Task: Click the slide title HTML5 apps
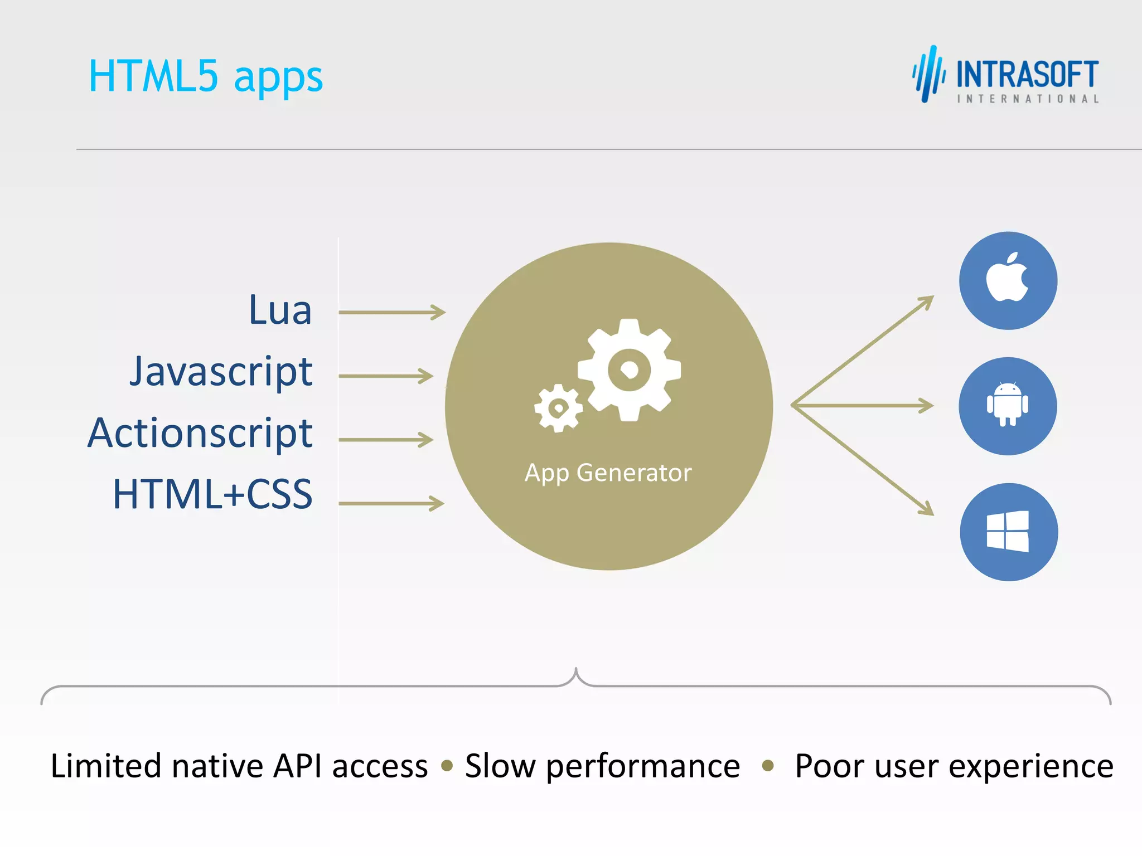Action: (x=205, y=77)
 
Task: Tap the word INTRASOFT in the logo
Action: (x=1027, y=75)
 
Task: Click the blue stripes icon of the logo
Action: (x=928, y=75)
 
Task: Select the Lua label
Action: (x=280, y=310)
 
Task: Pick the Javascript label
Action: (x=221, y=372)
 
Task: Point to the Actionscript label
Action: (x=200, y=433)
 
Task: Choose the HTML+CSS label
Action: (x=212, y=494)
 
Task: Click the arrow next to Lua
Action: (x=391, y=312)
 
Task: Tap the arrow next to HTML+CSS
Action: (x=391, y=503)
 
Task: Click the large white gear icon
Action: (x=629, y=369)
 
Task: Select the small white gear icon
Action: (x=558, y=408)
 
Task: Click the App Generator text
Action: (x=608, y=473)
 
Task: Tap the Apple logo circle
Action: (x=1008, y=280)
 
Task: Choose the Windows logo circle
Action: (x=1008, y=532)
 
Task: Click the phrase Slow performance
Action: (x=602, y=766)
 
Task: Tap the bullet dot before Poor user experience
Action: (x=768, y=766)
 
